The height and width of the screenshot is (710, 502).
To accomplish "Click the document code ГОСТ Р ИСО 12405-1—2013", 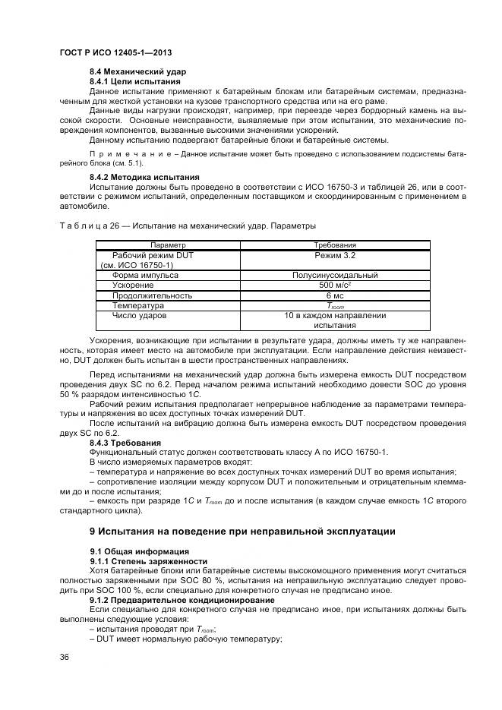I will pos(115,52).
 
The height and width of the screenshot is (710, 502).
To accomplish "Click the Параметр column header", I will pos(169,245).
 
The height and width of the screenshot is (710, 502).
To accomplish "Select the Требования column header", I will pos(335,245).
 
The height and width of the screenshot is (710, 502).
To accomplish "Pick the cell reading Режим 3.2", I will pos(335,256).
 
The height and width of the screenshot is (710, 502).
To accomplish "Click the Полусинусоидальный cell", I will pos(335,276).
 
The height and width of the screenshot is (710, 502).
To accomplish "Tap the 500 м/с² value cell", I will pos(335,286).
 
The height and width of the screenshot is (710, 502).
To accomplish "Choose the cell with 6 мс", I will pos(335,295).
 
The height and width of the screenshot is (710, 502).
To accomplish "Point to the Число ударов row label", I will pos(140,315).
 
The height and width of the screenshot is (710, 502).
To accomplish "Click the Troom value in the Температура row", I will pos(335,305).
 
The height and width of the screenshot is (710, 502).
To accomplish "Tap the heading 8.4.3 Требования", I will pos(125,443).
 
